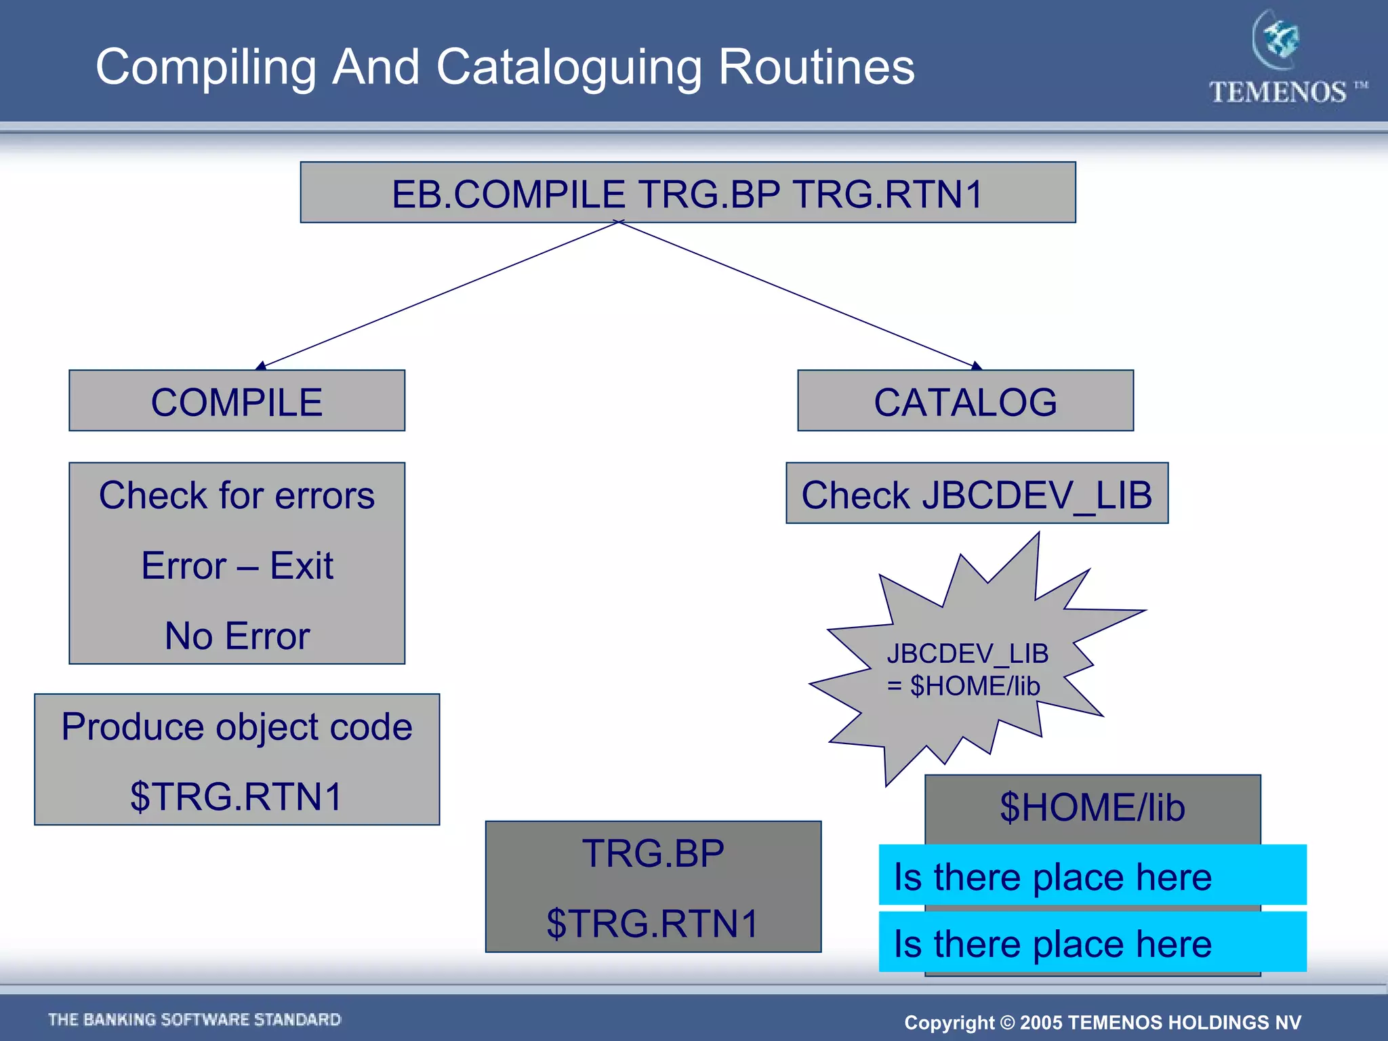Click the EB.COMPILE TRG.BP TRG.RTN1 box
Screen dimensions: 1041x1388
687,192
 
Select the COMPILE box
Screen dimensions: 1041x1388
237,401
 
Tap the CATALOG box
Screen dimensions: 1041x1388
965,401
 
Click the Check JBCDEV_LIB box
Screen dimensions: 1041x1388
977,493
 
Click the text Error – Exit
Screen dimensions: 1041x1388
237,565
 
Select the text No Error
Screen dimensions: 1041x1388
237,636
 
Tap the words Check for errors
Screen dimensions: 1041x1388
237,495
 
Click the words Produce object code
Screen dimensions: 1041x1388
237,727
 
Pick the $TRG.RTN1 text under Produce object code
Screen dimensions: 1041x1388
237,796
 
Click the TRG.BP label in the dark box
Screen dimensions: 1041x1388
653,853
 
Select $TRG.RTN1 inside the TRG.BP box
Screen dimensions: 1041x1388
653,923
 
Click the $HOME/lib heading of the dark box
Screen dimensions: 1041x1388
1092,808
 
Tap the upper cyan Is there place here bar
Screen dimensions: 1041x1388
1092,876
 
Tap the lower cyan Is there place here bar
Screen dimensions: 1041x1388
1092,943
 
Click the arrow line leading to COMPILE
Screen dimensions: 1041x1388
437,295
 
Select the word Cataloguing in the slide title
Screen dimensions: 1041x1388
574,67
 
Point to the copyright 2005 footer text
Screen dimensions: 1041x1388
1102,1022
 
